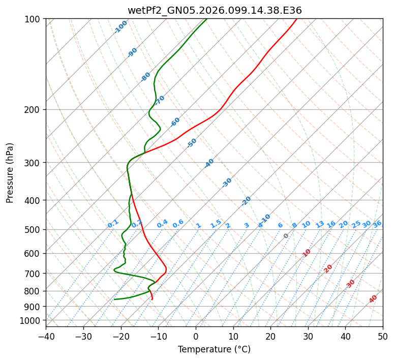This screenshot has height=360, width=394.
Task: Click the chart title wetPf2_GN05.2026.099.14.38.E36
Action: click(214, 10)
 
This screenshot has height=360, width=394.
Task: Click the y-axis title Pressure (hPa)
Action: click(10, 173)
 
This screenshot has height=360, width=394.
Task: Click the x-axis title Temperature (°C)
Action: click(214, 350)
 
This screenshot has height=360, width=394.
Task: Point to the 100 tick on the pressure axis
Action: click(34, 19)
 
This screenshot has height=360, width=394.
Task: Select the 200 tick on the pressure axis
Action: click(34, 110)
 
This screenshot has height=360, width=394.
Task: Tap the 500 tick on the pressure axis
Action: click(34, 230)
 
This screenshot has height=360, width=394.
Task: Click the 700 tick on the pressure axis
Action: click(34, 274)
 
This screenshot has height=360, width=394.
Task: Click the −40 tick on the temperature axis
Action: click(46, 336)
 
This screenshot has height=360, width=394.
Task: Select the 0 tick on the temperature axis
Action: click(196, 336)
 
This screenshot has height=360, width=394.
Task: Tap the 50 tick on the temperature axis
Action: click(383, 336)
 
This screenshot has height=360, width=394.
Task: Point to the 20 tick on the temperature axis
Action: click(270, 336)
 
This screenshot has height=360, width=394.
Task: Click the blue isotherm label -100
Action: click(121, 27)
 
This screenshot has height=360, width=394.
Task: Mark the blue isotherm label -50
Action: click(192, 143)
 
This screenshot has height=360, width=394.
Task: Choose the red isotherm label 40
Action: click(373, 299)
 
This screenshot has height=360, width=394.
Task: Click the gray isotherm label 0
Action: click(286, 236)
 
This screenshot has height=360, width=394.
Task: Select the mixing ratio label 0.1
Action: click(113, 224)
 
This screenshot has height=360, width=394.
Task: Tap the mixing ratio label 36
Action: click(377, 224)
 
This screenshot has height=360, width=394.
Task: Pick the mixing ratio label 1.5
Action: click(216, 224)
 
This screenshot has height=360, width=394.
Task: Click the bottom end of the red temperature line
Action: click(152, 299)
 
